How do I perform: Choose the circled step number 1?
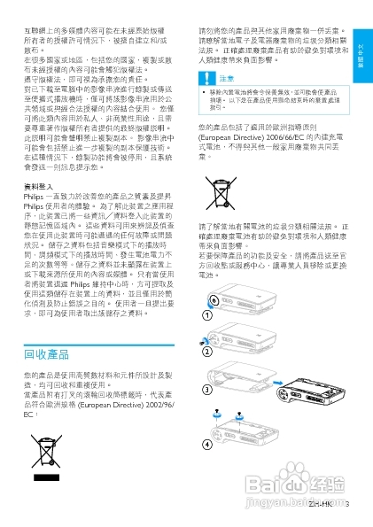[x=206, y=314]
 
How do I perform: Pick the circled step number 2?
[x=206, y=352]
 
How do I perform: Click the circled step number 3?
[x=206, y=390]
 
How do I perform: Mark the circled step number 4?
[x=206, y=443]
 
